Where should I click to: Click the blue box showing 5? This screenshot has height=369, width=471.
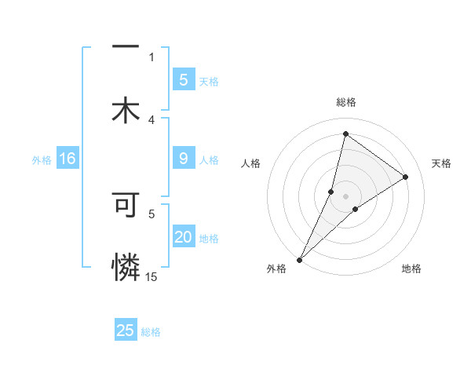point(183,80)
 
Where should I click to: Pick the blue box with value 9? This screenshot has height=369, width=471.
point(183,159)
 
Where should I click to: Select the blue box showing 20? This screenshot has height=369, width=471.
point(183,237)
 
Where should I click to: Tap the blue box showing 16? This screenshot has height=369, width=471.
point(68,159)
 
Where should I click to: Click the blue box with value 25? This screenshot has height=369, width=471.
point(126,331)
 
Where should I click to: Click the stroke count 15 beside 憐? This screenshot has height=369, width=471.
point(152,276)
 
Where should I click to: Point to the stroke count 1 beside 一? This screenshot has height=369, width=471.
point(152,57)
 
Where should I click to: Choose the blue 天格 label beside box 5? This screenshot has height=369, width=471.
point(209,82)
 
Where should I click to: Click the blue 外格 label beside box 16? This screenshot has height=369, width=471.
point(42,160)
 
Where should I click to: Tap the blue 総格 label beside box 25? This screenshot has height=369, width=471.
point(151,332)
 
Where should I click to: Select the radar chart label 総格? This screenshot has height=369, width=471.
point(345,102)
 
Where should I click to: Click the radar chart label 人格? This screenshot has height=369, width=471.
point(251,163)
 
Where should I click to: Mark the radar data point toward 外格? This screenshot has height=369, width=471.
point(300,259)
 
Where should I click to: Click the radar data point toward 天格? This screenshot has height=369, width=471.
point(406,177)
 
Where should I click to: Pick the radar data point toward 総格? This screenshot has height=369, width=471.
point(345,133)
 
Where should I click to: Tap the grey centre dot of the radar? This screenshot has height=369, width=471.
point(345,196)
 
